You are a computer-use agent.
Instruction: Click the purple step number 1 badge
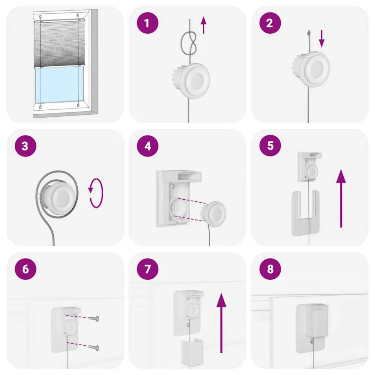click(x=148, y=23)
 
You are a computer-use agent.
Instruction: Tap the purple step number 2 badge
click(x=270, y=23)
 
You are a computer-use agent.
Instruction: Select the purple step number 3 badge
click(x=26, y=146)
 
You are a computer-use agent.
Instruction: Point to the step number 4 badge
click(x=148, y=146)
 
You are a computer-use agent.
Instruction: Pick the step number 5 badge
click(x=270, y=146)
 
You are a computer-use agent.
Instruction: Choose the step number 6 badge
click(x=26, y=269)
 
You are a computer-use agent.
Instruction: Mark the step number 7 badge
click(x=148, y=269)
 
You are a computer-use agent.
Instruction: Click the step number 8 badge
click(x=270, y=269)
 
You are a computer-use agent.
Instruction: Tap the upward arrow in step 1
click(x=203, y=25)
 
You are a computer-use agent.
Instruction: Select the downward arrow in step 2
click(x=322, y=38)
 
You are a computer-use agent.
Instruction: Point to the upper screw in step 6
click(x=94, y=318)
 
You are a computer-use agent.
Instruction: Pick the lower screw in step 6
click(x=94, y=348)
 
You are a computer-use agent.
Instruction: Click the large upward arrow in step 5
click(x=341, y=198)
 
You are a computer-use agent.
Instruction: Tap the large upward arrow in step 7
click(x=221, y=323)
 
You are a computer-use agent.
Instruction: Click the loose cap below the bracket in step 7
click(x=192, y=351)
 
